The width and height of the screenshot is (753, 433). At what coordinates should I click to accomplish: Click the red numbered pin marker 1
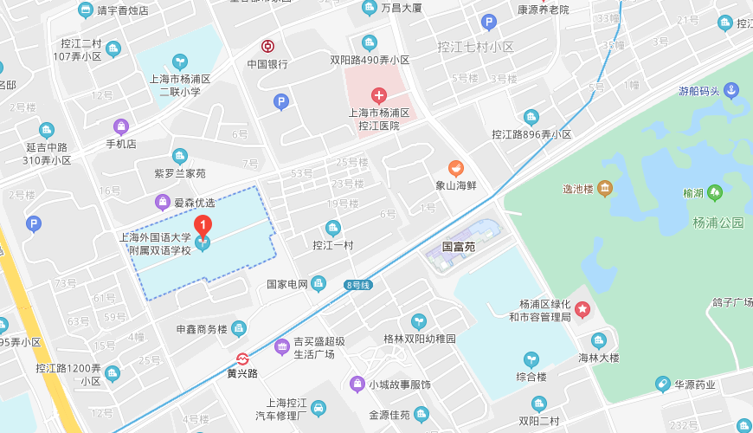tap(203, 225)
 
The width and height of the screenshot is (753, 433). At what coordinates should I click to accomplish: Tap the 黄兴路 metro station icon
tap(243, 359)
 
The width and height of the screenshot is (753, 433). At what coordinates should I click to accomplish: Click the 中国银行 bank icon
tap(268, 47)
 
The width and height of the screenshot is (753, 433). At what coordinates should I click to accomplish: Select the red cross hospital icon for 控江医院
tap(378, 95)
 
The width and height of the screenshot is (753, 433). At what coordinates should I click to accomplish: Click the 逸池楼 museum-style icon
tap(605, 188)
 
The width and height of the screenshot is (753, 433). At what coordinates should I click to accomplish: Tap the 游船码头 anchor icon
tap(730, 90)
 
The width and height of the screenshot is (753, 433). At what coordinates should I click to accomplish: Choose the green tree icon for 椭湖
tap(715, 192)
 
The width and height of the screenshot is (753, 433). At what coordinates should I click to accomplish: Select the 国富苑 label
tap(459, 247)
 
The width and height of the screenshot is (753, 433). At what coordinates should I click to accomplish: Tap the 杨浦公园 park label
tap(718, 223)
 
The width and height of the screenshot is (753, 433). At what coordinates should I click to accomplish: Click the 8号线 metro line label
tap(357, 284)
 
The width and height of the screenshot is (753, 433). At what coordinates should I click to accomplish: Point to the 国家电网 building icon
tap(319, 283)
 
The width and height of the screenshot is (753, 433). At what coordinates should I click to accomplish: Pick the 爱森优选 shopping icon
tap(162, 202)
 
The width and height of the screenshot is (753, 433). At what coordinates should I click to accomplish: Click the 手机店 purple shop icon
tap(120, 126)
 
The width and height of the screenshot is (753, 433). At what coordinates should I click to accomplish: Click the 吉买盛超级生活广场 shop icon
tap(281, 347)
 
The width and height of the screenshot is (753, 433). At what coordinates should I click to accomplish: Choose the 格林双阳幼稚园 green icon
tap(419, 321)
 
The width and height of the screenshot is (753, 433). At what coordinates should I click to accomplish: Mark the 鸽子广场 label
tap(731, 302)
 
